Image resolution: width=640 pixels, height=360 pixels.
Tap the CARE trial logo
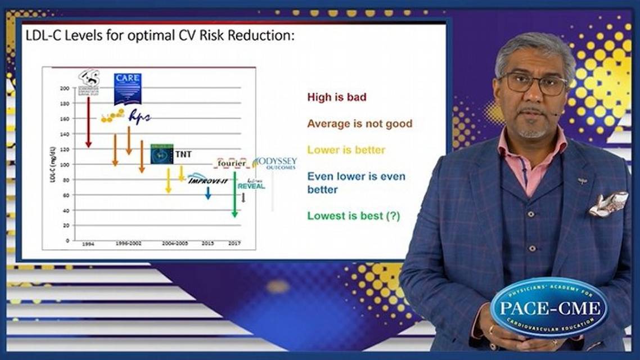(x=127, y=88)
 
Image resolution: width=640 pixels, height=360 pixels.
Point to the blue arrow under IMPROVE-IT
(x=208, y=193)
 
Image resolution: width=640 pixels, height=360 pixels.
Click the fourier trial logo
(x=232, y=163)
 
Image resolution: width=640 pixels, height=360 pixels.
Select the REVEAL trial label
(x=251, y=184)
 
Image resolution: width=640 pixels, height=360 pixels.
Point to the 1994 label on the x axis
(x=88, y=244)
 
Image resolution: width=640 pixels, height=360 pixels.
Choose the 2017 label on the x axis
(x=235, y=244)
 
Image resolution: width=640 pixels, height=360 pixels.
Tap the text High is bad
(x=336, y=97)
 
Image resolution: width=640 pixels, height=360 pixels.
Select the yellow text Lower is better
(x=346, y=150)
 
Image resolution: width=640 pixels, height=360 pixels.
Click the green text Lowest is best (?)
(x=353, y=215)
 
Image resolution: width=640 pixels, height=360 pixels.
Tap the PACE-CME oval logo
(x=548, y=307)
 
